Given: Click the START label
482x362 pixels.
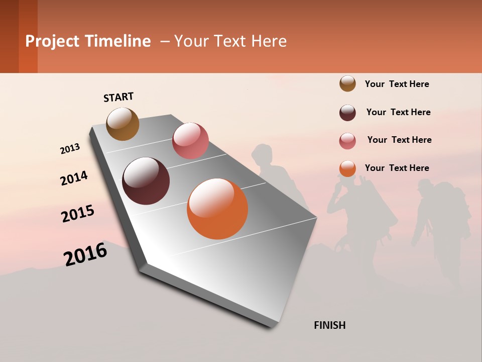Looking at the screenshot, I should [x=118, y=97].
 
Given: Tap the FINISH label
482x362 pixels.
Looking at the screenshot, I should [x=329, y=325].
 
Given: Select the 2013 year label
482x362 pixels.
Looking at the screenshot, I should [x=70, y=149].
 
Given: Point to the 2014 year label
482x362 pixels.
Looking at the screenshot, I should [x=74, y=178].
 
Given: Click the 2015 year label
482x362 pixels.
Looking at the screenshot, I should [x=77, y=214].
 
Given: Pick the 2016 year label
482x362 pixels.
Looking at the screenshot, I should [x=85, y=254].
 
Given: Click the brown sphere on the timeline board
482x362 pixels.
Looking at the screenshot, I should [x=123, y=124].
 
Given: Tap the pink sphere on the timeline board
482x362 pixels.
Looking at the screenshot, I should [x=190, y=141].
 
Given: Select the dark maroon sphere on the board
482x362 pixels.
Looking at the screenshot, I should [x=146, y=181].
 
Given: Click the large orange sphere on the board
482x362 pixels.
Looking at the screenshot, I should [x=217, y=209].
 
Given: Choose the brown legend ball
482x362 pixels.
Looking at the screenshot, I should [x=347, y=83].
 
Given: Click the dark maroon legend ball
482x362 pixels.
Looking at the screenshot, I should [x=347, y=113].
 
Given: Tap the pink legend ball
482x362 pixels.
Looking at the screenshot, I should [x=347, y=141].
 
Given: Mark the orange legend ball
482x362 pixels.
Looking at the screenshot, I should [x=347, y=168].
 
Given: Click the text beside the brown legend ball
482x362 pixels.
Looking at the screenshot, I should [x=397, y=84].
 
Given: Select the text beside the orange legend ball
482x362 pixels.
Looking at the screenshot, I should [x=397, y=168].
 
